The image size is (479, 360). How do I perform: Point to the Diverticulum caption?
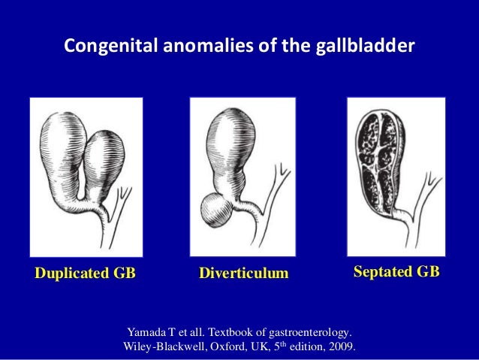click(x=243, y=272)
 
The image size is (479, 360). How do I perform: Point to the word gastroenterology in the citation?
click(x=308, y=331)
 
